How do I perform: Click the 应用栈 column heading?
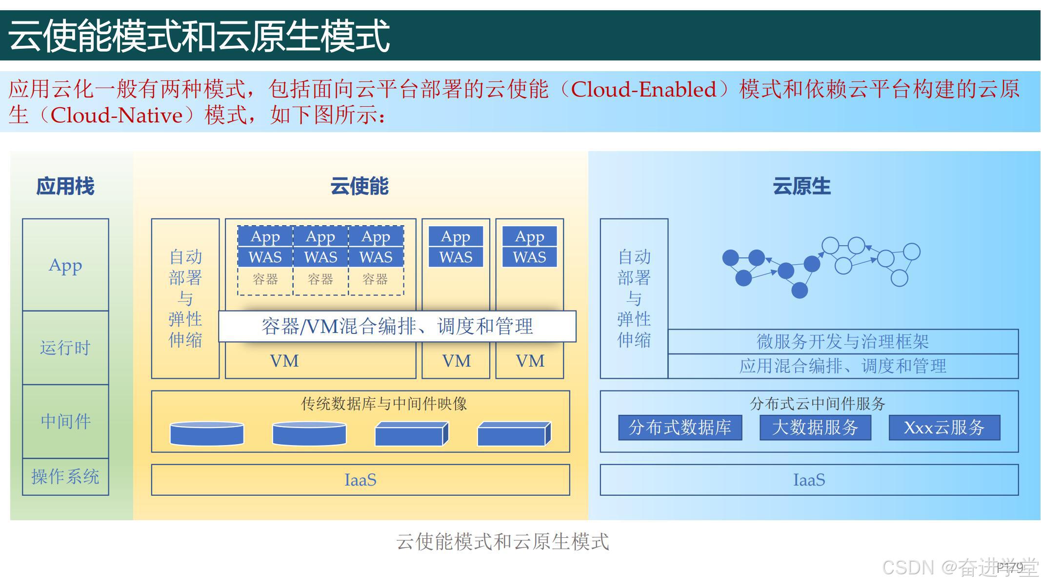[x=65, y=186]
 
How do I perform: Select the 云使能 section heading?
[x=360, y=186]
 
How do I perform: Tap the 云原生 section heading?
[x=801, y=186]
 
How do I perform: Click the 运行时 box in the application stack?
[x=65, y=348]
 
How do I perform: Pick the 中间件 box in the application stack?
[x=65, y=421]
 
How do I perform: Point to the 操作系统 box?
[x=65, y=477]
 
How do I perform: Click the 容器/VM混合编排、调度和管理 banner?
[x=397, y=326]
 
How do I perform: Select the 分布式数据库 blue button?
[x=680, y=428]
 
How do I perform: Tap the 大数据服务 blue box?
[x=815, y=428]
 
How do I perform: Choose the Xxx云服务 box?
[x=944, y=428]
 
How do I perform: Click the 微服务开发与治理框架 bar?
[x=842, y=341]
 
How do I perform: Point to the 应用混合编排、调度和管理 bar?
[x=842, y=366]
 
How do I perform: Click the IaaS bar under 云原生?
[x=809, y=480]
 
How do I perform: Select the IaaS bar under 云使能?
[x=360, y=480]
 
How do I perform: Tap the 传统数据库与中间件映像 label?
[x=384, y=404]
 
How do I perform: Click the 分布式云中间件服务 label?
[x=817, y=404]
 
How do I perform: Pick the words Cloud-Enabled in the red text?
[x=643, y=89]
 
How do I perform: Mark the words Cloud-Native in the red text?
[x=117, y=116]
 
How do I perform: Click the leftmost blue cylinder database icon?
[x=207, y=433]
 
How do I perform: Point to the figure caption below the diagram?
[x=502, y=542]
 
